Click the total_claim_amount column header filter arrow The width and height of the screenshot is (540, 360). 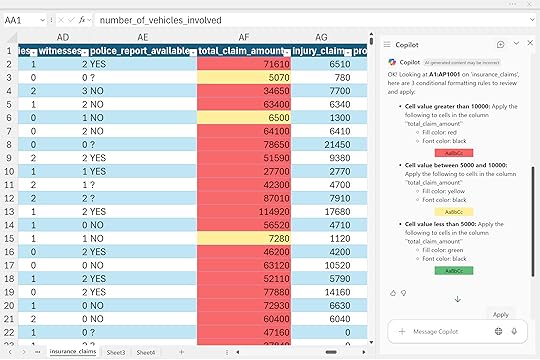tap(286, 51)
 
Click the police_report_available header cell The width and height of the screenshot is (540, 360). tap(141, 50)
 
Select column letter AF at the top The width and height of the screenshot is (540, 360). tap(243, 36)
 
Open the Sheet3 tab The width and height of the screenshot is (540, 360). tap(116, 352)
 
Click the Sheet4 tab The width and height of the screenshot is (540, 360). tap(146, 352)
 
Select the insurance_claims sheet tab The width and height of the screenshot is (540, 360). tap(73, 352)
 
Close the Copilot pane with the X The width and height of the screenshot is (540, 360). tap(530, 43)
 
